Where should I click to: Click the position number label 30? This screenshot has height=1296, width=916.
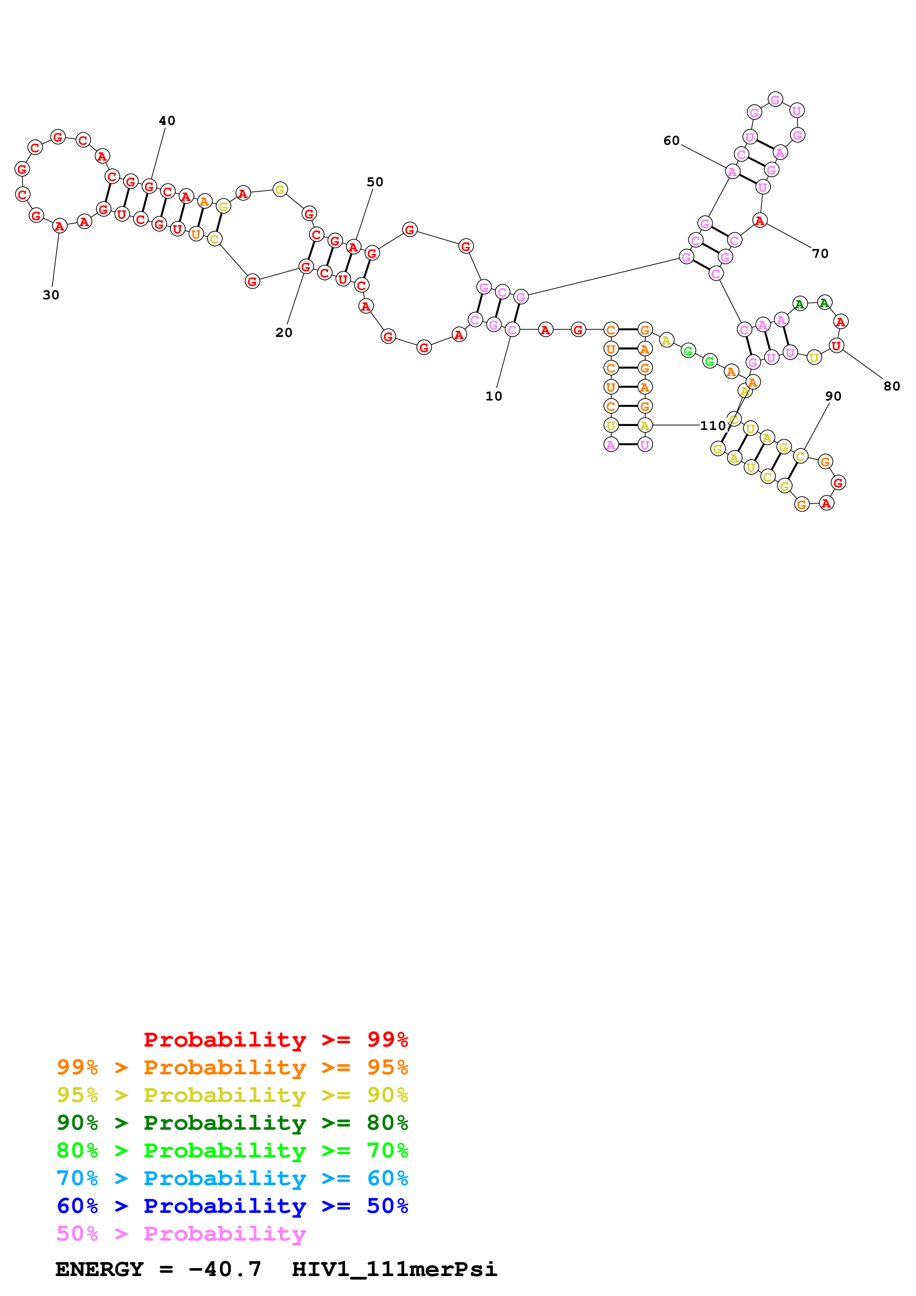[51, 295]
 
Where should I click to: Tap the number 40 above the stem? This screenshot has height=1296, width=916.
[167, 121]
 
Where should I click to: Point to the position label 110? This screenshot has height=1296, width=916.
[713, 426]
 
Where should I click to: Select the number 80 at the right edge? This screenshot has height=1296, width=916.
[892, 386]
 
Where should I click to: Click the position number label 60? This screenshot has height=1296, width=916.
[671, 140]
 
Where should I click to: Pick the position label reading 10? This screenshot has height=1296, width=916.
[494, 396]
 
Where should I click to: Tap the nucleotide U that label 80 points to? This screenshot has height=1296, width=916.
[836, 345]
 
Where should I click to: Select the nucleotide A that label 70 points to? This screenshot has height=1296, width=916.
[760, 221]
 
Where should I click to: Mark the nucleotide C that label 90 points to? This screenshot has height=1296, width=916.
[800, 456]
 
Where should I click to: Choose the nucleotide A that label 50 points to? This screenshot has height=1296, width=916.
[353, 247]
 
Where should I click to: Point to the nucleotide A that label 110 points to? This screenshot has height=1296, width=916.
[644, 425]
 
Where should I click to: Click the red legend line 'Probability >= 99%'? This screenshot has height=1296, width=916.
[275, 1040]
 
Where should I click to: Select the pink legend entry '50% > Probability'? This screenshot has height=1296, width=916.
[181, 1234]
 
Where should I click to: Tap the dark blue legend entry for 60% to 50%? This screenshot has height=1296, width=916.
[232, 1206]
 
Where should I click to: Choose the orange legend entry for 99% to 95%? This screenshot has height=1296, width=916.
[232, 1067]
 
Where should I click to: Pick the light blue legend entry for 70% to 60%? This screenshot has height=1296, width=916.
[232, 1179]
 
